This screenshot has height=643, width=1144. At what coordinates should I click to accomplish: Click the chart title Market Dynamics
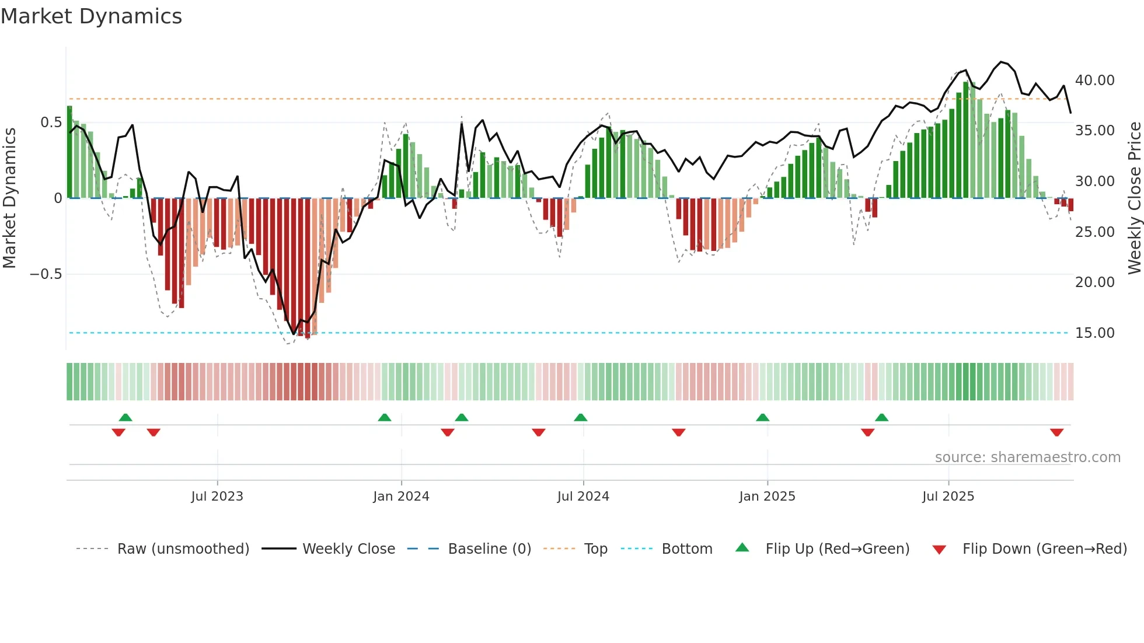coord(92,16)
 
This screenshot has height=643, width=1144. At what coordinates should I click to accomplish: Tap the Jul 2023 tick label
coord(217,497)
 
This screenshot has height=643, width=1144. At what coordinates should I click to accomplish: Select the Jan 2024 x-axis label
coord(401,497)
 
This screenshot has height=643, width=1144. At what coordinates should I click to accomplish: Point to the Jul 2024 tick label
coord(583,497)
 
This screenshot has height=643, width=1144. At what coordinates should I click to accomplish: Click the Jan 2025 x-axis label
coord(767,497)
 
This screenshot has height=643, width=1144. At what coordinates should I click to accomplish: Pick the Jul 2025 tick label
coord(948,497)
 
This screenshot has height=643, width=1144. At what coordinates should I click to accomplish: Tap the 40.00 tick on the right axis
coord(1095,81)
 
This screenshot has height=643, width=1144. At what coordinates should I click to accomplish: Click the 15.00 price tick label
coord(1095,333)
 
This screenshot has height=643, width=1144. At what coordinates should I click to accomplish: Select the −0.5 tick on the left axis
coord(46,274)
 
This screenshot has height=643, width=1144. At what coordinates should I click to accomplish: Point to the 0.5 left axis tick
coord(51,123)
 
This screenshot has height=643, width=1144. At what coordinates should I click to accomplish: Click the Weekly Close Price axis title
coord(1134,198)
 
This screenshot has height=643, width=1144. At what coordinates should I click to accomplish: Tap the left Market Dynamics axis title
coord(9,198)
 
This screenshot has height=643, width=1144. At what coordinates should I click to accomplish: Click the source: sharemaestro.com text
coord(1027,457)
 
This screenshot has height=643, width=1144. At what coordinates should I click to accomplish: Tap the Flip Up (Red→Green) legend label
coord(837,549)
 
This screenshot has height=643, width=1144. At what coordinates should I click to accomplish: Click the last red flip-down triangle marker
coord(1056,432)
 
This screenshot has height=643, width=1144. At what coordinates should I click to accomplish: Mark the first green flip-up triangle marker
coord(125,417)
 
